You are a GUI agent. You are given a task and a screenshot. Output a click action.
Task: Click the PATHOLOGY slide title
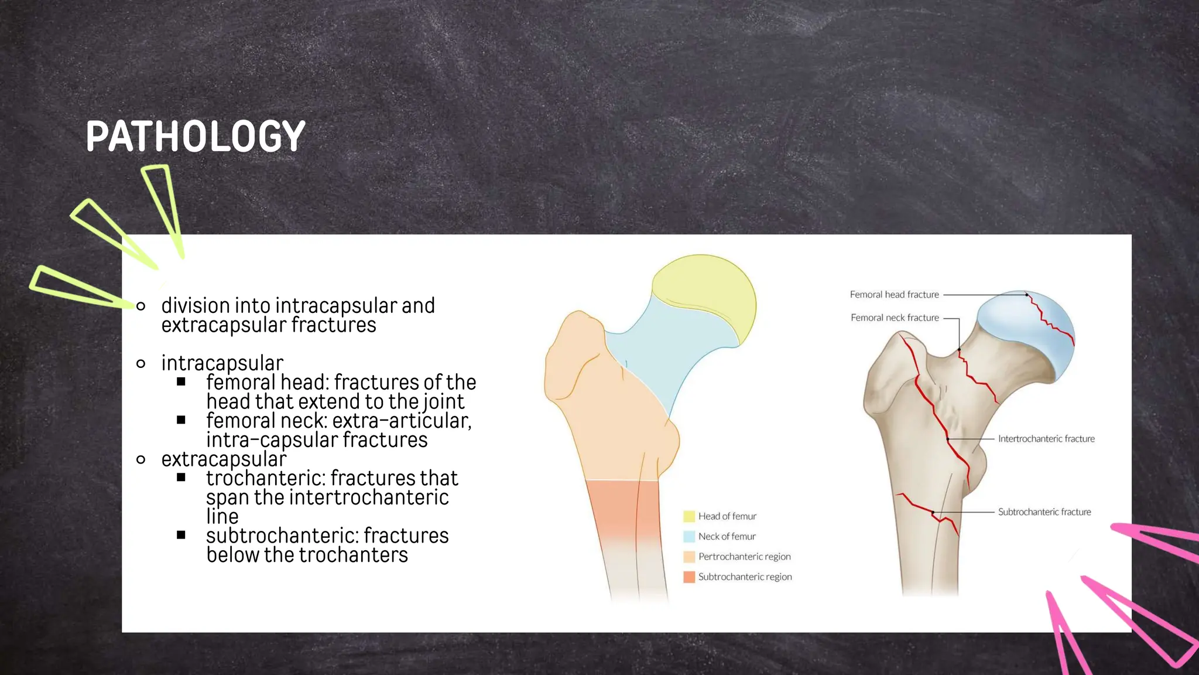click(x=195, y=137)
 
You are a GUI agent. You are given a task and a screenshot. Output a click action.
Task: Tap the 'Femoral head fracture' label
click(x=894, y=295)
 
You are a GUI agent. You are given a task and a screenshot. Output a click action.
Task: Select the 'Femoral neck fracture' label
click(x=895, y=318)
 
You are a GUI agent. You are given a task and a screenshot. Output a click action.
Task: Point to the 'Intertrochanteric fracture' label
click(x=1046, y=439)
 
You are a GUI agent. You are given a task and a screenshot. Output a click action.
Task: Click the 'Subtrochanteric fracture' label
click(x=1044, y=512)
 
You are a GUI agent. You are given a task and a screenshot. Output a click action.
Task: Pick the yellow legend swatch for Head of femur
click(x=689, y=516)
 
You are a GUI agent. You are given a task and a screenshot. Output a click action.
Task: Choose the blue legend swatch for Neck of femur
click(x=689, y=537)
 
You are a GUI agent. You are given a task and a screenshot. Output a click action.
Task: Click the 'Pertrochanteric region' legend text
click(x=744, y=557)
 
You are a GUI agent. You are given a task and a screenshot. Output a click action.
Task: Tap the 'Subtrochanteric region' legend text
click(x=745, y=577)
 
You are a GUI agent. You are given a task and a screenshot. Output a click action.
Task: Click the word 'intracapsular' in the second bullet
click(x=222, y=363)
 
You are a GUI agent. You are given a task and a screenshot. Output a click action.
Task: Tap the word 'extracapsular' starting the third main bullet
click(x=224, y=459)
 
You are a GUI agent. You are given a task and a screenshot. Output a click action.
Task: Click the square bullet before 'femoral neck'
click(x=181, y=420)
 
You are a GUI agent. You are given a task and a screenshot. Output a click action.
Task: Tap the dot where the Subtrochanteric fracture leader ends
click(x=933, y=513)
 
